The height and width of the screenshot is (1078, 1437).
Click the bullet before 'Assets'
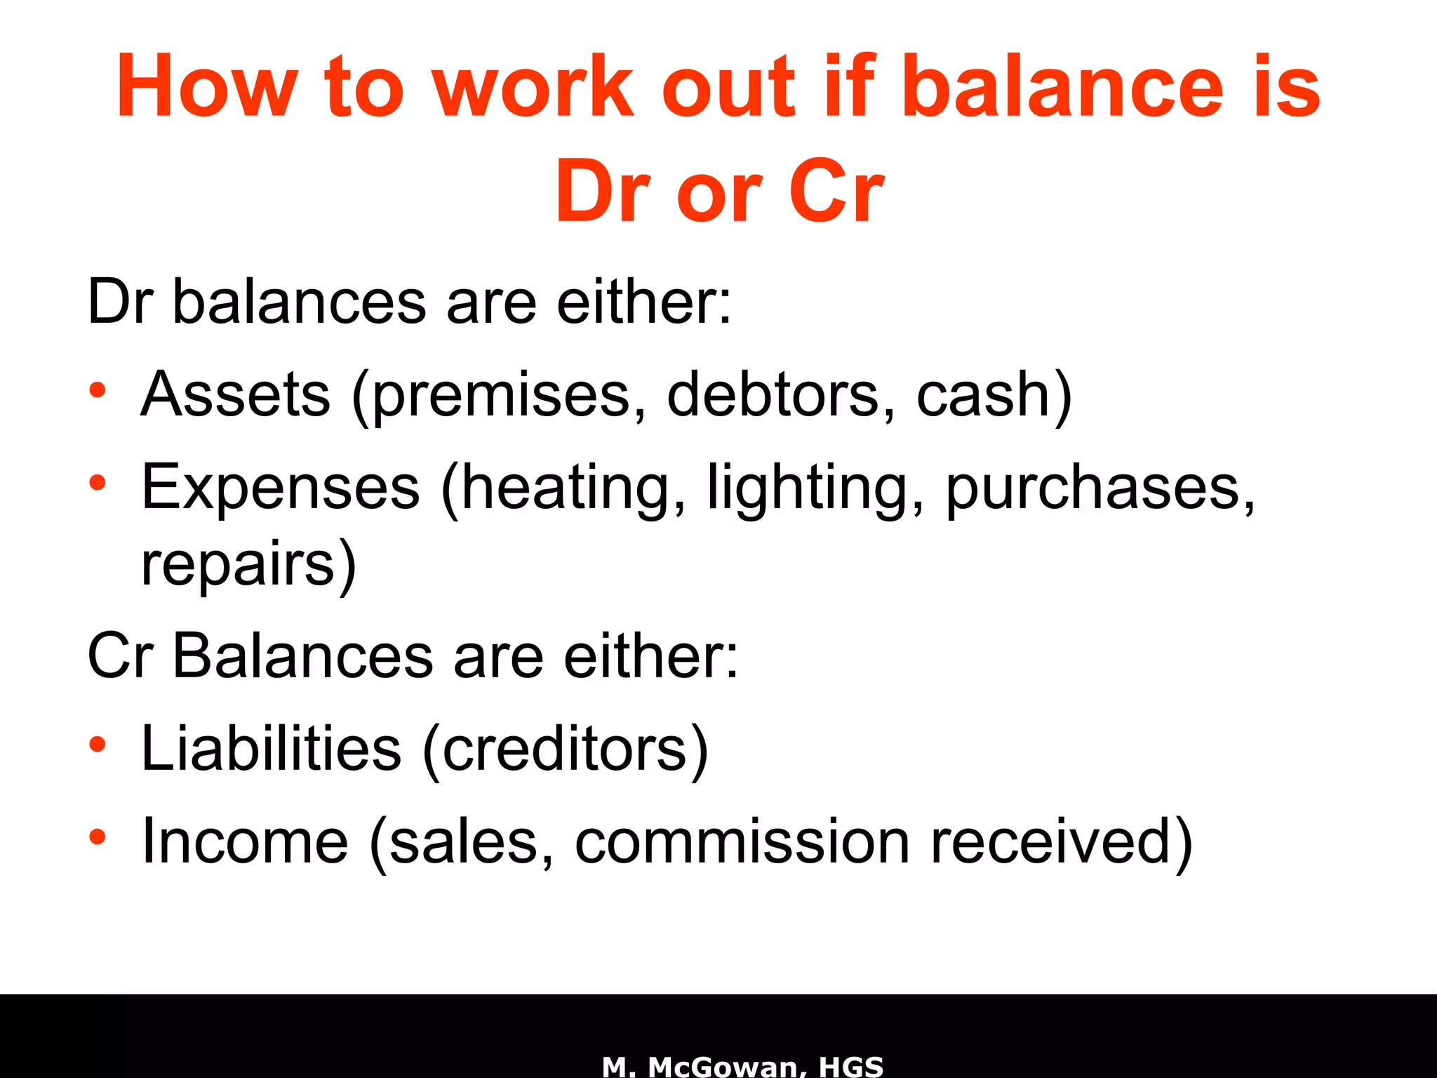pos(98,390)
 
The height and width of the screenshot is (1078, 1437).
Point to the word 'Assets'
pos(236,394)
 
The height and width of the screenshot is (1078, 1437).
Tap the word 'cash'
pos(986,394)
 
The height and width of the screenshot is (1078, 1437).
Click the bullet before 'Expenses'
pos(98,483)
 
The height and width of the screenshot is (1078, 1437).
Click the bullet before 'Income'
pos(98,837)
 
